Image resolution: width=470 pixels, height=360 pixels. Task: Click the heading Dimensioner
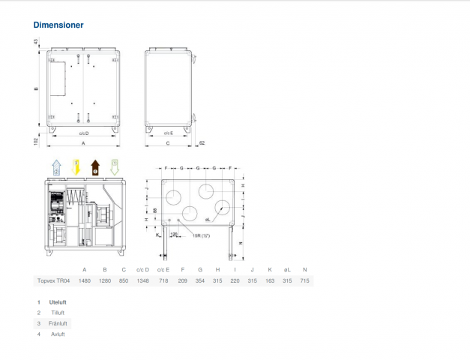click(x=58, y=25)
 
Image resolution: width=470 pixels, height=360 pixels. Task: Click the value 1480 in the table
click(x=84, y=280)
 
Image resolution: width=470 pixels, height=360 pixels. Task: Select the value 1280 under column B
click(x=104, y=280)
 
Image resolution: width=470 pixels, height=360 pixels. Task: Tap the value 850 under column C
click(x=124, y=280)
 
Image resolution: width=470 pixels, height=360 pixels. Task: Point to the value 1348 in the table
click(x=143, y=280)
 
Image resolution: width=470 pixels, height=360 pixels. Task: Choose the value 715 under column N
click(x=304, y=280)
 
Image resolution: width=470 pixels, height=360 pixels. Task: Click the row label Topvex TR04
click(x=53, y=280)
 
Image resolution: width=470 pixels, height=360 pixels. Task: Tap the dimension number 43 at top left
click(x=35, y=43)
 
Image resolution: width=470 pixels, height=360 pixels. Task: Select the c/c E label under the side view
click(x=169, y=133)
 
